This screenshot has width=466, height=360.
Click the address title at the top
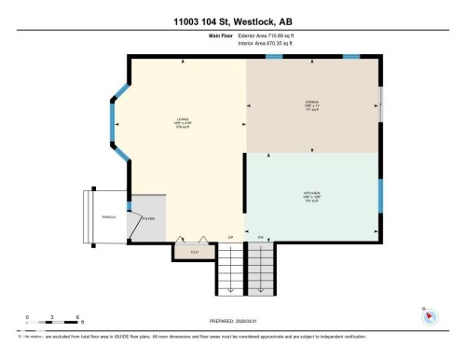click(232, 22)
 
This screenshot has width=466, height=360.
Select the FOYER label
click(148, 217)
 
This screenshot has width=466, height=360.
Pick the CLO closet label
click(194, 252)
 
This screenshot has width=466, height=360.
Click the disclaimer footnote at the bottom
click(196, 336)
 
